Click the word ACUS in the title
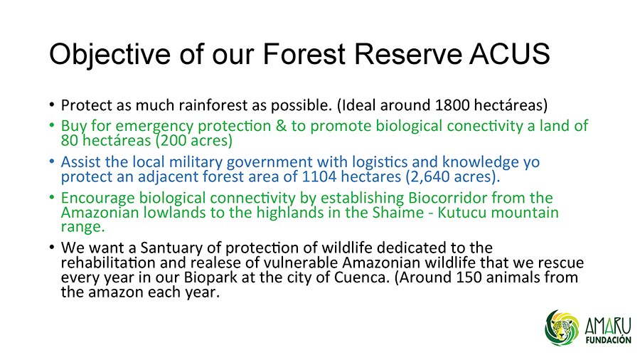pos(509,53)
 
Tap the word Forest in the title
pos(304,53)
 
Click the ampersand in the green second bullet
pos(281,126)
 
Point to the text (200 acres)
pos(194,140)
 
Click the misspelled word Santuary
pos(174,248)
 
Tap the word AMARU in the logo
pos(608,326)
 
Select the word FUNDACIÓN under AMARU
pos(608,340)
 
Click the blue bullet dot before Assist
pos(52,162)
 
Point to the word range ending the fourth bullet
pos(83,228)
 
